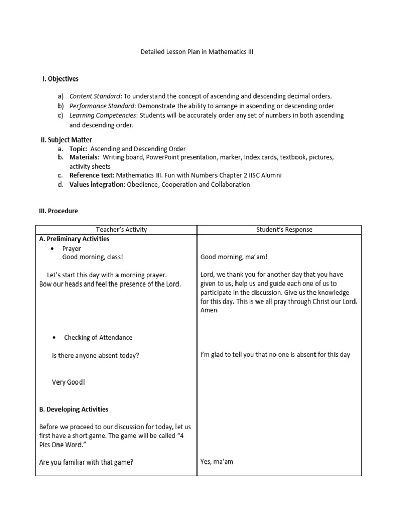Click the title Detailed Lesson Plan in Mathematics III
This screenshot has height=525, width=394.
click(x=197, y=52)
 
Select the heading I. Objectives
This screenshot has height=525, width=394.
click(x=60, y=79)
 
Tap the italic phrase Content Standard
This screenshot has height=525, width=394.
click(x=94, y=96)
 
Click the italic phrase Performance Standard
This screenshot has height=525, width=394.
click(x=100, y=106)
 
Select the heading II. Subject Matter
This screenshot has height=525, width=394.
click(x=66, y=139)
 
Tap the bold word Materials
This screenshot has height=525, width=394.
click(x=84, y=157)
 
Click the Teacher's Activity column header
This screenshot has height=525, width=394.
click(x=117, y=230)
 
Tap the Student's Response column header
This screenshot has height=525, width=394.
click(x=284, y=230)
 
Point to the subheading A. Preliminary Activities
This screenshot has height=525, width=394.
click(x=74, y=239)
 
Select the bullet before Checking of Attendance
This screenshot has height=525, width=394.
click(x=55, y=338)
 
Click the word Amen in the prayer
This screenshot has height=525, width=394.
click(x=209, y=310)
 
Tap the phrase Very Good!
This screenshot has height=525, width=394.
click(x=69, y=382)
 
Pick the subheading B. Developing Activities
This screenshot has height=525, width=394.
click(x=73, y=409)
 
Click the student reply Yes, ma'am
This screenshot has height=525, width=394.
click(x=217, y=462)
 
